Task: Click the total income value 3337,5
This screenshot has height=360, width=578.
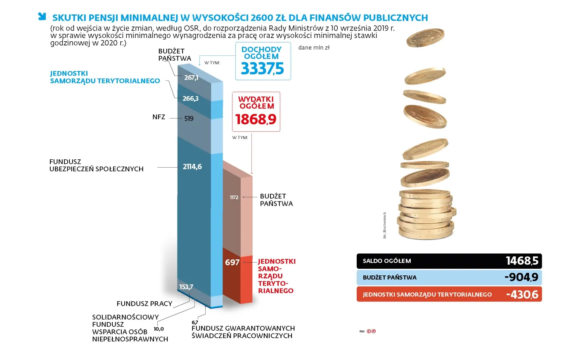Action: [262, 69]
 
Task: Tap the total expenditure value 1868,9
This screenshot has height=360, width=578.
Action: [256, 119]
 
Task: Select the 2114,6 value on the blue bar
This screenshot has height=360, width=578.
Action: [192, 167]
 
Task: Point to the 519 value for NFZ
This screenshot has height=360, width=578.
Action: [189, 118]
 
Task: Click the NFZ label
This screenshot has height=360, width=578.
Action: [159, 117]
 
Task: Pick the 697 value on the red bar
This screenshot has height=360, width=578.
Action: [232, 263]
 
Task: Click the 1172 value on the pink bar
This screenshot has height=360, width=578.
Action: [234, 197]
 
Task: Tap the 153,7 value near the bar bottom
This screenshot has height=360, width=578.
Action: [186, 287]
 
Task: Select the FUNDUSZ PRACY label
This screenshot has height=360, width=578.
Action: [144, 303]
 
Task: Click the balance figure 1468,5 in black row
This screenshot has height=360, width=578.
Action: [522, 261]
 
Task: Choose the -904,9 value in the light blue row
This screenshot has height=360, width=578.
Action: [521, 277]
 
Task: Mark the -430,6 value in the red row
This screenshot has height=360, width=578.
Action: [522, 294]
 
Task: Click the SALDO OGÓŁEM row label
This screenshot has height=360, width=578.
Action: [386, 261]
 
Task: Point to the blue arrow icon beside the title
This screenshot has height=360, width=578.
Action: [42, 16]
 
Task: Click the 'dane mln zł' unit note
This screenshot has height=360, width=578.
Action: [314, 47]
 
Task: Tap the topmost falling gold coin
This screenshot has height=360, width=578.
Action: [425, 38]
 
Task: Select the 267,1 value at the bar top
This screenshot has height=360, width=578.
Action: [191, 78]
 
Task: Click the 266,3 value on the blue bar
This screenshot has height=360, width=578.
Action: [190, 99]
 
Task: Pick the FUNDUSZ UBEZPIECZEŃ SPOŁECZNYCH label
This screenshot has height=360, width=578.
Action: [96, 165]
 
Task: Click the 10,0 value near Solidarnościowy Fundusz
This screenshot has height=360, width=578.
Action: [159, 329]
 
